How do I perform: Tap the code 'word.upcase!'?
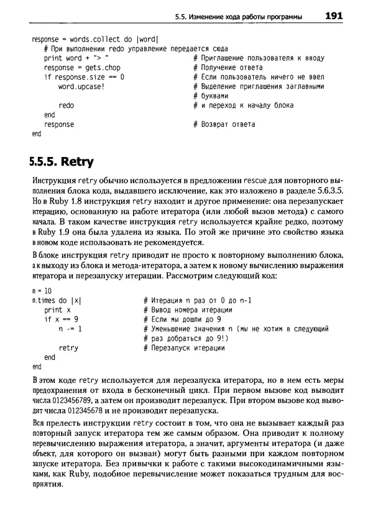tap(81, 87)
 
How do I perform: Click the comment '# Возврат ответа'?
tap(224, 125)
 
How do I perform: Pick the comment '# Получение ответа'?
tap(228, 67)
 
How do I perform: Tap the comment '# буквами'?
tap(208, 96)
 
